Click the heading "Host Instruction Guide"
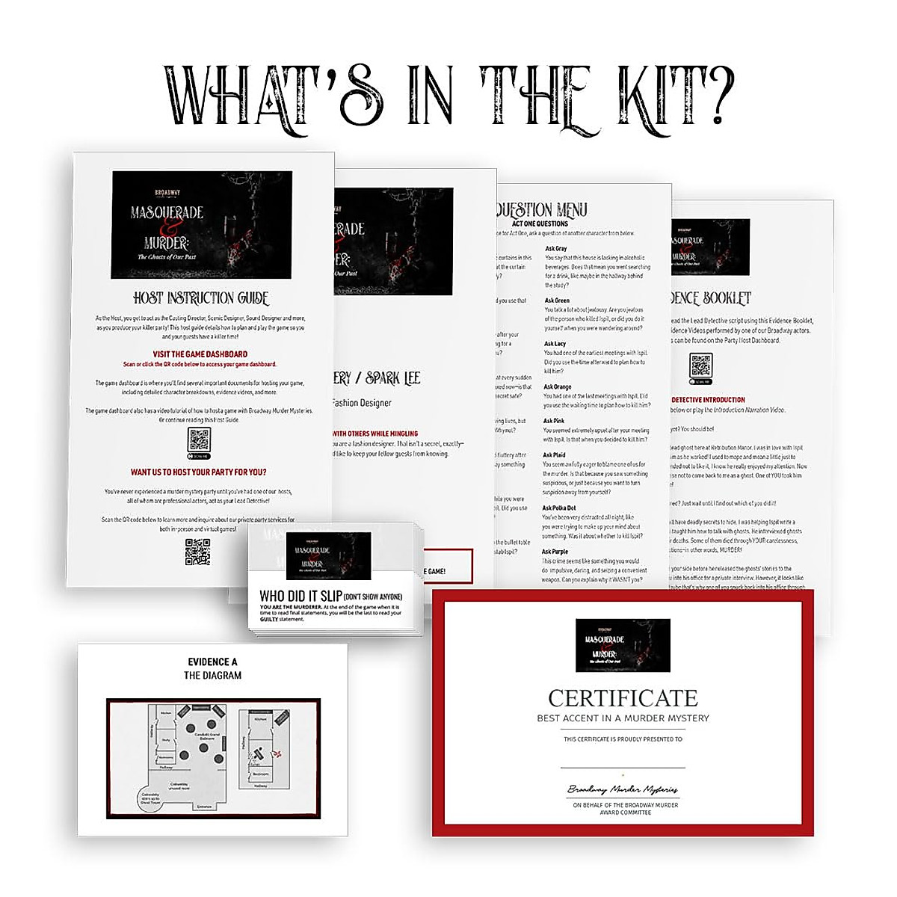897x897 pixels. tap(201, 298)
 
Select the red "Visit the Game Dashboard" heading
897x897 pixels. tap(200, 354)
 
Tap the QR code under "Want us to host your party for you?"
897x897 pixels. tap(198, 552)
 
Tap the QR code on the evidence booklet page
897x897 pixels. tap(701, 366)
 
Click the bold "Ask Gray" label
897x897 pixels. tap(555, 249)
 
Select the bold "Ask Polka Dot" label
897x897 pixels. tap(559, 508)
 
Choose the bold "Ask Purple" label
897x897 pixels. tap(555, 552)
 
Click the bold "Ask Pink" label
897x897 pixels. tap(554, 422)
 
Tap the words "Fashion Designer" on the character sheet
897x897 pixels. tap(362, 403)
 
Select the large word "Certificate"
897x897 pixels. tap(623, 698)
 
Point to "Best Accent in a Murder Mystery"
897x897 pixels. tap(623, 718)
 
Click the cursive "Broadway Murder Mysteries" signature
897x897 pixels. tap(623, 789)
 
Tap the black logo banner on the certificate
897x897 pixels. tap(623, 645)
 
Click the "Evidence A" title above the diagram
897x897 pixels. tap(212, 662)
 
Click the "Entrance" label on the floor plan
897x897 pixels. tap(203, 807)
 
